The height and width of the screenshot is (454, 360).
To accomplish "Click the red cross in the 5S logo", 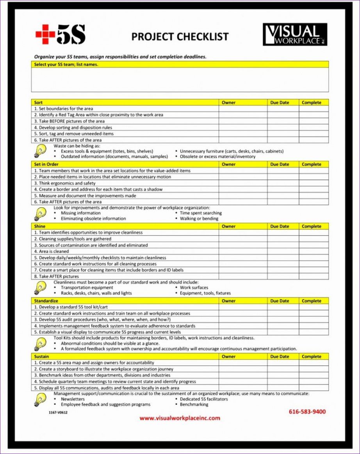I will (45, 35).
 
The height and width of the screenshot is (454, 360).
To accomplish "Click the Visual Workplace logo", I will (295, 35).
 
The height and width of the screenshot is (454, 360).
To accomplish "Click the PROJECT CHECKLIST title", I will (180, 37).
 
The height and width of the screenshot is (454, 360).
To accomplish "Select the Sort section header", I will (38, 102).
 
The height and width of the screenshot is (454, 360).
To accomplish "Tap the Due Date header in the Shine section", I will (280, 226).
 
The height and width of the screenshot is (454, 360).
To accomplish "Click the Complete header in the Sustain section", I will (311, 356).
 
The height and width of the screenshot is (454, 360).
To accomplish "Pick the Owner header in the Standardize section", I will (228, 301).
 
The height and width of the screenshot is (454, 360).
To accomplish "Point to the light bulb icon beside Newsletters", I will (40, 399).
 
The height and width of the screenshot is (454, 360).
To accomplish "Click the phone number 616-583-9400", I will (307, 411).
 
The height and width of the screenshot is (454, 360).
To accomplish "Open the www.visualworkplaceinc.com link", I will (180, 418).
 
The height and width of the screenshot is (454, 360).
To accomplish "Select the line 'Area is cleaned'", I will (53, 251).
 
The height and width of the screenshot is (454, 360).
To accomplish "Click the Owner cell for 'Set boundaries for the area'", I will (242, 109).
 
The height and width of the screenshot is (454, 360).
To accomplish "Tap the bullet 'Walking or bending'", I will (199, 218).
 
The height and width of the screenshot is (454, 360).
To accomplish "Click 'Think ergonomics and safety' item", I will (67, 183).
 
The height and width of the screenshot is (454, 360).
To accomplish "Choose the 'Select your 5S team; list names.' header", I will (66, 64).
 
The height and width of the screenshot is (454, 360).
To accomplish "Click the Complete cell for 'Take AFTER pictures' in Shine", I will (314, 276).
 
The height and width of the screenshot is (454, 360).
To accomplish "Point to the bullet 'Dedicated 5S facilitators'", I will (203, 399).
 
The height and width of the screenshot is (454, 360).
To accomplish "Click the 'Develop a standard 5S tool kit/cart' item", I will (73, 307).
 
